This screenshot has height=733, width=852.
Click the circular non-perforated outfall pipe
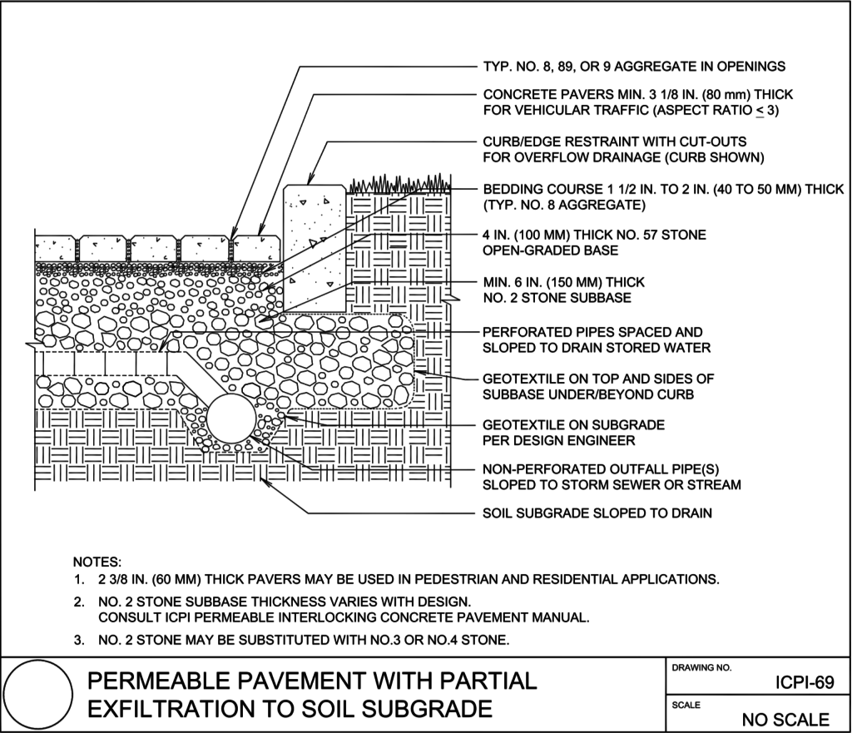(231, 420)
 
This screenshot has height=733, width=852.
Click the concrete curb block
(315, 248)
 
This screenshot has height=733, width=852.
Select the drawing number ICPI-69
(805, 682)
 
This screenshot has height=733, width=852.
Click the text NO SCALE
(785, 720)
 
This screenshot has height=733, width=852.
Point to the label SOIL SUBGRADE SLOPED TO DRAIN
(597, 513)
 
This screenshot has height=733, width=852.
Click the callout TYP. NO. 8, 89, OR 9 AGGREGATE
(634, 67)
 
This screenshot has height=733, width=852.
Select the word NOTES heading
(97, 562)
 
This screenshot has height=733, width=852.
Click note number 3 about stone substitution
(291, 640)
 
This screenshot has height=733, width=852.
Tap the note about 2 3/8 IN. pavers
(396, 579)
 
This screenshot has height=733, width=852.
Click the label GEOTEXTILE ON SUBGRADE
(574, 425)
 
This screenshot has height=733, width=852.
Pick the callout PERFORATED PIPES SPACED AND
(592, 332)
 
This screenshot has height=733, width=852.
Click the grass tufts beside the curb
(399, 184)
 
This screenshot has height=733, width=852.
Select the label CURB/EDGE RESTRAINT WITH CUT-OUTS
(615, 141)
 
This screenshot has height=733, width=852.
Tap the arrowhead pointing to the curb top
(310, 181)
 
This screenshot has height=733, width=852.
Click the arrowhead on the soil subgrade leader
(265, 479)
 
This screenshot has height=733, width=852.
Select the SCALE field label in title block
(686, 705)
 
